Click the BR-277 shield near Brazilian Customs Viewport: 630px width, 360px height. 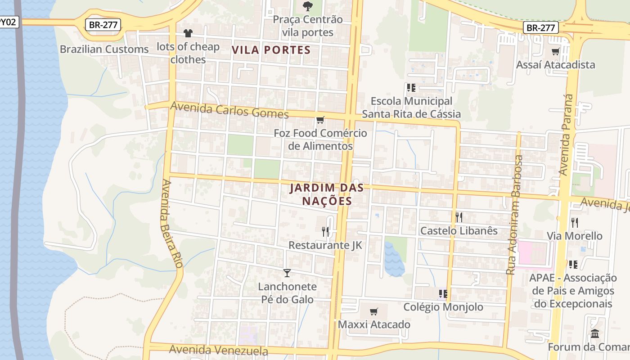click(103, 25)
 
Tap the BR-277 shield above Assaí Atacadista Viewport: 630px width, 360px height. click(540, 28)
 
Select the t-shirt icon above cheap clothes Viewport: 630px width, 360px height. click(188, 33)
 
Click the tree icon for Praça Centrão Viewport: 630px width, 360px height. click(308, 6)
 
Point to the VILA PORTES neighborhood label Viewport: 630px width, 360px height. click(271, 49)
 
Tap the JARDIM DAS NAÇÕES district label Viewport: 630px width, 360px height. click(327, 194)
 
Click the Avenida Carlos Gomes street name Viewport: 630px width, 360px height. click(229, 110)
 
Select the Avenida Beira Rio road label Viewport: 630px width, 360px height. click(172, 224)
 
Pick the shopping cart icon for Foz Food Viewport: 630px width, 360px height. click(320, 120)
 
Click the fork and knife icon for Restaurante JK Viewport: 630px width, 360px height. click(325, 232)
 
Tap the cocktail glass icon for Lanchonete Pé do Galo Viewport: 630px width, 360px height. click(287, 273)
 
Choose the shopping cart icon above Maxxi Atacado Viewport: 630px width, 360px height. click(373, 311)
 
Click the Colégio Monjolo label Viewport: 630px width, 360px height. click(443, 307)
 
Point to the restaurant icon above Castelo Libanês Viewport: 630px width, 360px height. click(459, 217)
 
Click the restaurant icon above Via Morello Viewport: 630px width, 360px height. click(574, 222)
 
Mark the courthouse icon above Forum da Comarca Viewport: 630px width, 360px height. click(595, 334)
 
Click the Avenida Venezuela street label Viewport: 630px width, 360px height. click(219, 350)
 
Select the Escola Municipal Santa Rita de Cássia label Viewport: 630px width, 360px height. click(411, 108)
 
